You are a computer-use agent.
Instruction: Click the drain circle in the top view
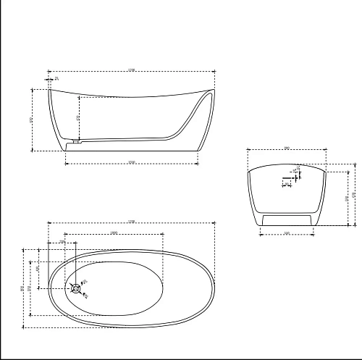(77, 288)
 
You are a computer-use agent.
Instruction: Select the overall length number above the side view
(131, 70)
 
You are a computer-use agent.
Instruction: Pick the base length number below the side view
(131, 162)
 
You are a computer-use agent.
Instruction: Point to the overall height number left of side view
(31, 120)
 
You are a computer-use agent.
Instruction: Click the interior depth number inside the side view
(78, 117)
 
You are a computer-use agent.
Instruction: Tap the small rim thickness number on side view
(56, 78)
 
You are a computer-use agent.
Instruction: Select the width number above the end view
(287, 148)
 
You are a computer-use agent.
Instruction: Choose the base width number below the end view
(287, 233)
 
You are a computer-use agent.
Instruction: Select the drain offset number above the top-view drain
(62, 241)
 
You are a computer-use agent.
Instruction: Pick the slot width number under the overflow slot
(287, 185)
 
